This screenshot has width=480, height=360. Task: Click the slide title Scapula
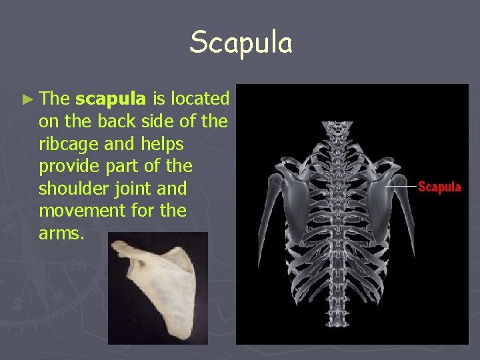click(241, 43)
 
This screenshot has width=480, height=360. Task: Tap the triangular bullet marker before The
click(27, 99)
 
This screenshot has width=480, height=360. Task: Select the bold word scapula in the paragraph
click(111, 99)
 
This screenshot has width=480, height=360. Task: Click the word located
click(200, 99)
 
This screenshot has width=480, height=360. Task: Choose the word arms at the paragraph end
click(59, 234)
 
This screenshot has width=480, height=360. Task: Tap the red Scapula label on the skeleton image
click(439, 187)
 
